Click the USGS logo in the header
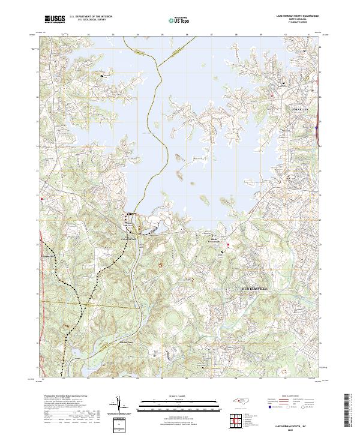(55, 19)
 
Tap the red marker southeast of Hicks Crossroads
(228, 244)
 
